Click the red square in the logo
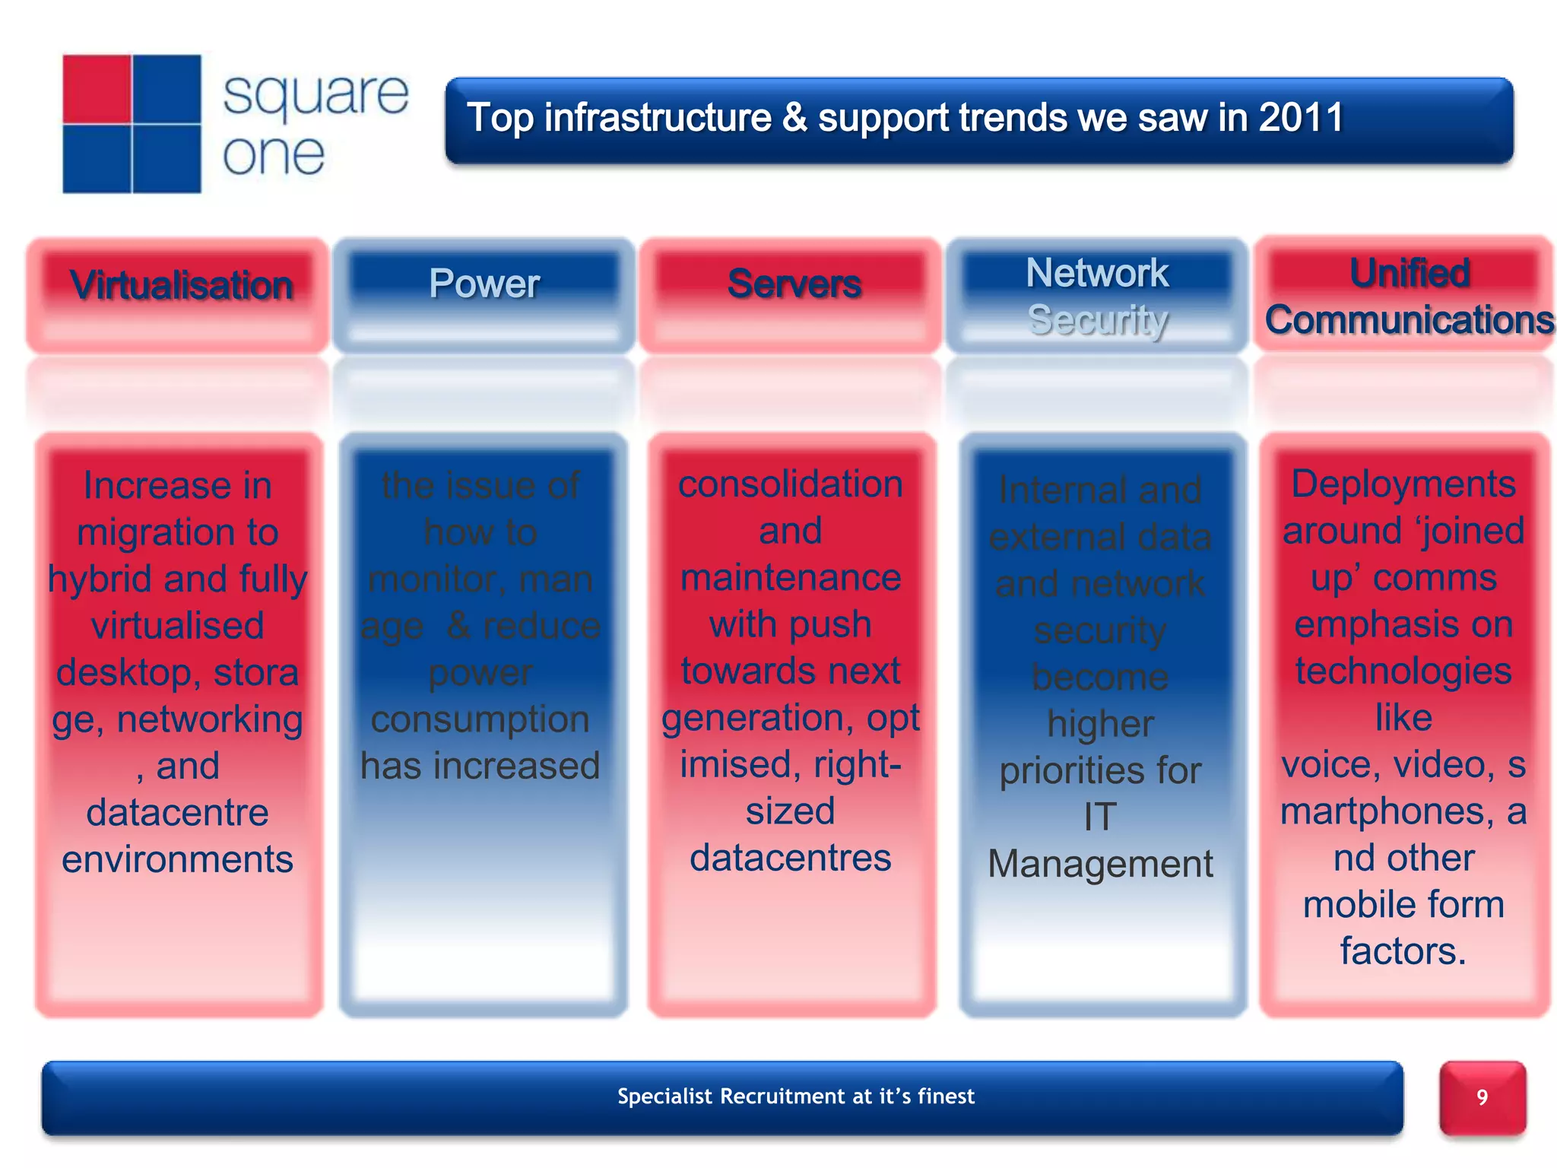[97, 89]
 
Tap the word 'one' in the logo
[274, 155]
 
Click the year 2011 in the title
[1301, 119]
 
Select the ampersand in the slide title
[794, 119]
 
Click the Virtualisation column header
[181, 285]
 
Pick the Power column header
[484, 284]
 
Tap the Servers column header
[794, 284]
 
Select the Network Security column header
[1097, 296]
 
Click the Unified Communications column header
[1409, 296]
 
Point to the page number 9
[1482, 1097]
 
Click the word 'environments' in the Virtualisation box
[177, 859]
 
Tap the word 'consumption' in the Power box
[480, 719]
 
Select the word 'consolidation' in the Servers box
[790, 484]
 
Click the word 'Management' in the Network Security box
[1100, 864]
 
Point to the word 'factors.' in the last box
[1403, 951]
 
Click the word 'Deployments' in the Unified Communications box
[1403, 484]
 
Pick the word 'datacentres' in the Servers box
[790, 858]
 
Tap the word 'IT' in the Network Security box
[1100, 817]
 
